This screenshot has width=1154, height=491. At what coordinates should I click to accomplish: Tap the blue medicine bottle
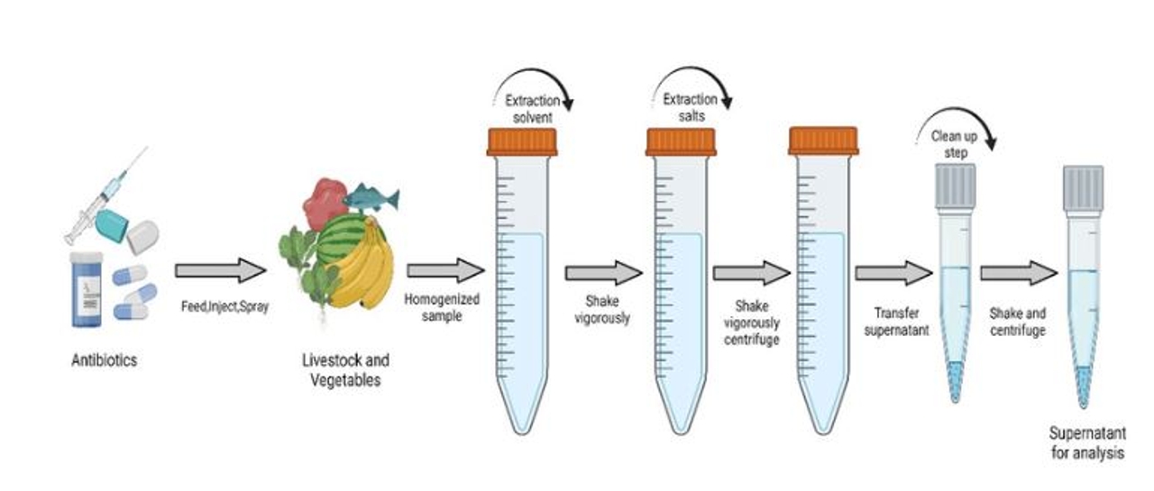click(86, 290)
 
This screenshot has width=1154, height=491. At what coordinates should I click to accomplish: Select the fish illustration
click(371, 198)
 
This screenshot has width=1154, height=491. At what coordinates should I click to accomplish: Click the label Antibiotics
click(104, 359)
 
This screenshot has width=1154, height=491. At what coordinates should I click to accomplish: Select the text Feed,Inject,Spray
click(225, 306)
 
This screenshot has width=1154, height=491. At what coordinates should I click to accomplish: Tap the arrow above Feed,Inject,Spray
click(221, 270)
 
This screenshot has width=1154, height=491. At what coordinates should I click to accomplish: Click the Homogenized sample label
click(442, 307)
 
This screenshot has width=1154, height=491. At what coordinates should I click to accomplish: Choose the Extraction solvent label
click(533, 109)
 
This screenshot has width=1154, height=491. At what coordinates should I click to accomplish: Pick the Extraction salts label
click(691, 107)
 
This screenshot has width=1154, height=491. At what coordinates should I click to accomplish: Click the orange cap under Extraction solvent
click(522, 142)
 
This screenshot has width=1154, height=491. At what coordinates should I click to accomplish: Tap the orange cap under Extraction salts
click(681, 142)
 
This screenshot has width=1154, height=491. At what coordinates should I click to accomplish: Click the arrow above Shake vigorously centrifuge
click(752, 273)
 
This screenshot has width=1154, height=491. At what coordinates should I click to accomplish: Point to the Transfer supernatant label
click(896, 322)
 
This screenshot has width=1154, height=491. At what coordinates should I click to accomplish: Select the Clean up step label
click(955, 145)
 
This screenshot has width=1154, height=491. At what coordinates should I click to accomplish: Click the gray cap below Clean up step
click(955, 186)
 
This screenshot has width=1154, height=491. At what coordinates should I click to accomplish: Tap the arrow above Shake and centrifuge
click(1019, 273)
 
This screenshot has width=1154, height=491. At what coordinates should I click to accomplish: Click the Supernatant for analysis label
click(1087, 442)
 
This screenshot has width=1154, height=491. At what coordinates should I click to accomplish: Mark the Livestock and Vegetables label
click(345, 370)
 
